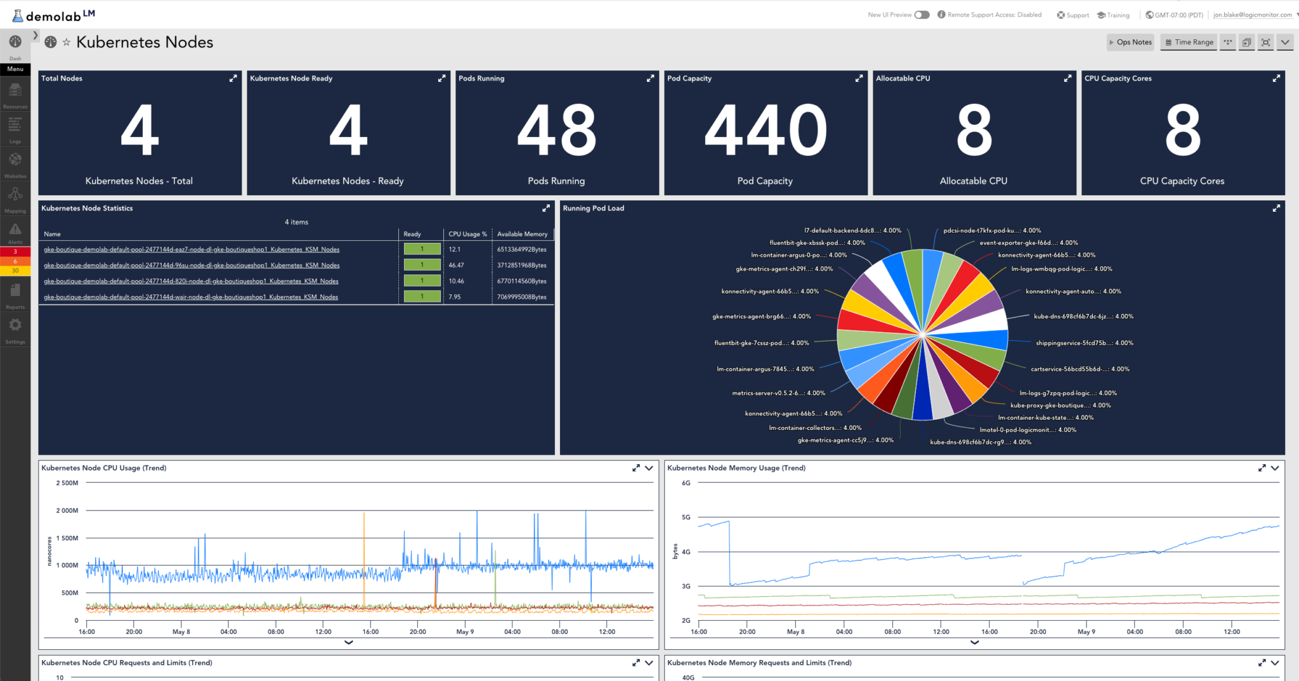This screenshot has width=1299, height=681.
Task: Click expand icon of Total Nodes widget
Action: pyautogui.click(x=233, y=79)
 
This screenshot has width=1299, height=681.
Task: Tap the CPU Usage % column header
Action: pyautogui.click(x=467, y=234)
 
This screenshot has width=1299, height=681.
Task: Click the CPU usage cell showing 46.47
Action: pyautogui.click(x=456, y=265)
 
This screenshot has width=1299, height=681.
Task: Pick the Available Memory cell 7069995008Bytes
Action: pyautogui.click(x=521, y=297)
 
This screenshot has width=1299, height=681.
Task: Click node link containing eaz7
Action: pyautogui.click(x=192, y=249)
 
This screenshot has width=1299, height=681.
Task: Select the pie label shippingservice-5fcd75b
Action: pyautogui.click(x=1084, y=343)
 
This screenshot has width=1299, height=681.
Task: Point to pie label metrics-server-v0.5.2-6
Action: pyautogui.click(x=778, y=393)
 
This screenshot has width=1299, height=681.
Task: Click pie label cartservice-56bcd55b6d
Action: pyautogui.click(x=1080, y=369)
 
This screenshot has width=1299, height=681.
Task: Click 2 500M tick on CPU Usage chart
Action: pyautogui.click(x=67, y=483)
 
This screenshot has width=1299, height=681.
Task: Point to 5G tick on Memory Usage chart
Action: pyautogui.click(x=686, y=517)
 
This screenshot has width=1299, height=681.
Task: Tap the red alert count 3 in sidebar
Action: pyautogui.click(x=15, y=252)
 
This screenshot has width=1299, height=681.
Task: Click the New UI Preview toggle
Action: pyautogui.click(x=922, y=15)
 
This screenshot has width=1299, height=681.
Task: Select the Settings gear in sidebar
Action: pyautogui.click(x=15, y=325)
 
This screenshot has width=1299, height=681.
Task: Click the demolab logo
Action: pyautogui.click(x=54, y=15)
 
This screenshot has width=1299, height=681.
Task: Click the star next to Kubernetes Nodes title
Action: pyautogui.click(x=66, y=42)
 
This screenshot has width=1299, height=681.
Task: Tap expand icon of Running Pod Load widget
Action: pyautogui.click(x=1276, y=208)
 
